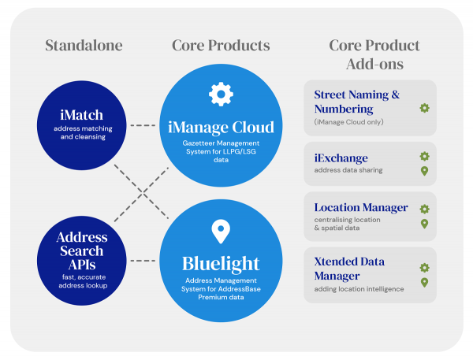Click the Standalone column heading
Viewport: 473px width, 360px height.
(x=84, y=45)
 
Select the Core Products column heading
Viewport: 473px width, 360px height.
(x=221, y=45)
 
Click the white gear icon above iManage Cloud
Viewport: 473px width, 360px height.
(x=221, y=94)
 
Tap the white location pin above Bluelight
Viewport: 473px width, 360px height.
(x=221, y=231)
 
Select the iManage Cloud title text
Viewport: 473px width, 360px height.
(x=221, y=127)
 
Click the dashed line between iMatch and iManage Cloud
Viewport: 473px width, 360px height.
(x=143, y=125)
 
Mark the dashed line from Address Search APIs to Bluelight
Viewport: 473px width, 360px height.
(x=143, y=261)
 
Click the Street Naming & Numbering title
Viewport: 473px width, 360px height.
(x=356, y=101)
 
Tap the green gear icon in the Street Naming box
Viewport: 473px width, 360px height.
(x=424, y=108)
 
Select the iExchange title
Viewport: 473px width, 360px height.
(x=341, y=158)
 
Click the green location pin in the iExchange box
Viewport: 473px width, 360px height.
(x=424, y=171)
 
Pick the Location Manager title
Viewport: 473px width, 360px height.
(x=361, y=208)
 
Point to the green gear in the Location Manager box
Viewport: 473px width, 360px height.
(x=424, y=209)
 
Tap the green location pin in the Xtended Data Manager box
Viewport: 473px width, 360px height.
(x=424, y=283)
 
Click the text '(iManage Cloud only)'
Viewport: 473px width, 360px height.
(x=349, y=122)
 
